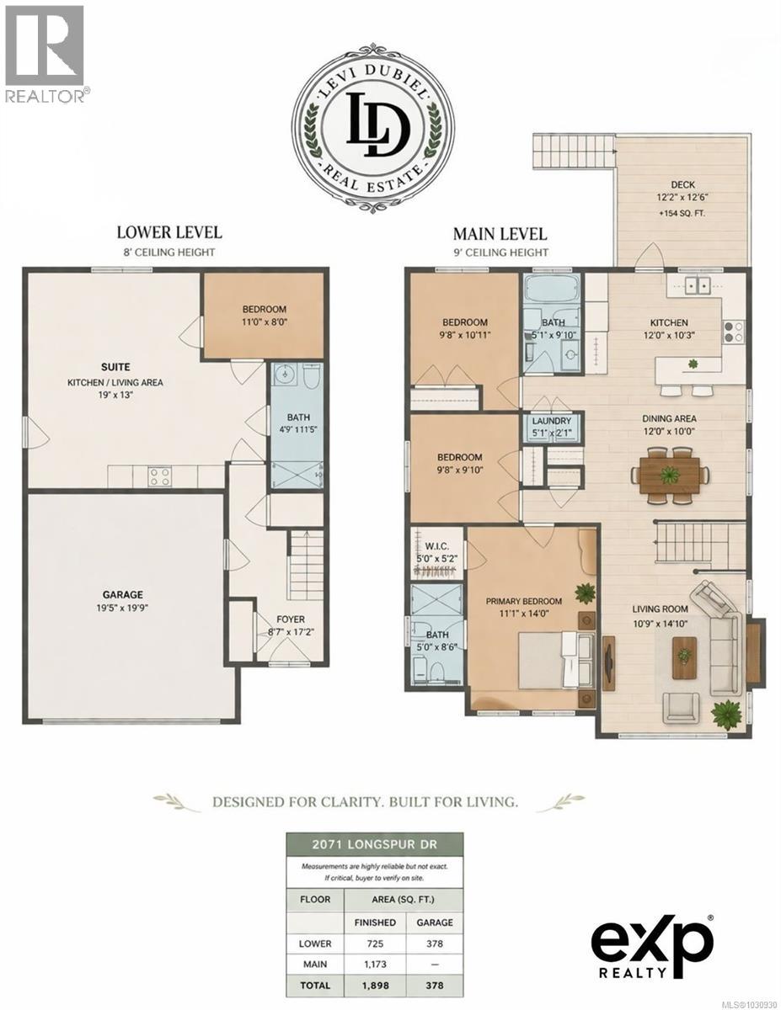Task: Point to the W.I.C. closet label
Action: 437,543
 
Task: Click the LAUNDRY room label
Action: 552,422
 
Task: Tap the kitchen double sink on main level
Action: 696,285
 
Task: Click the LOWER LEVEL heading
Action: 169,232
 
